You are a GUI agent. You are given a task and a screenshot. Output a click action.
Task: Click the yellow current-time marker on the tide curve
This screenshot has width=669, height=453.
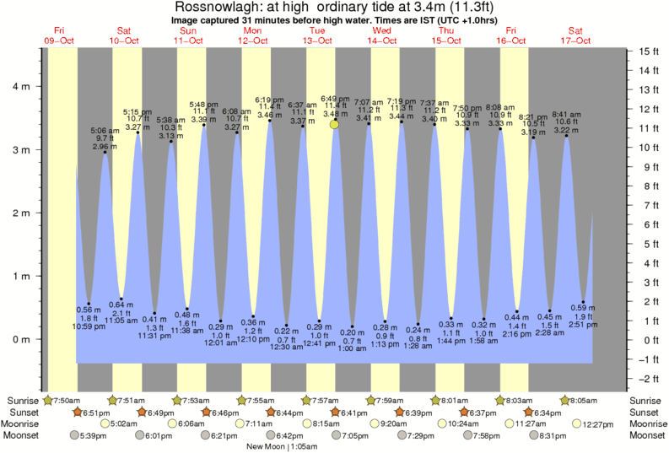335,124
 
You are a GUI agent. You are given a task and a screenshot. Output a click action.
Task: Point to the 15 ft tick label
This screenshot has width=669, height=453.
647,51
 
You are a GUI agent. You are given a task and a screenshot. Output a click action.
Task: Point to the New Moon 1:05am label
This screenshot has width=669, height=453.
280,445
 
